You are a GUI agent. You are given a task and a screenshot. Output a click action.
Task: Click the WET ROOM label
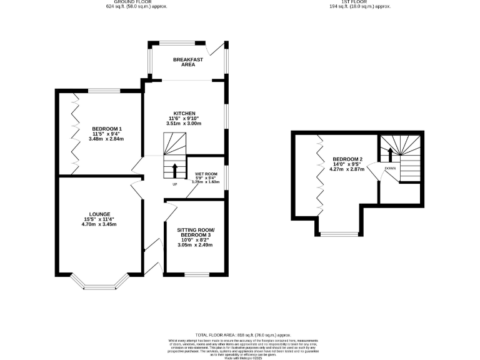tap(206, 174)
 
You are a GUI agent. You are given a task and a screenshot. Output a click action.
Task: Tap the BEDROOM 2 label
tap(346, 159)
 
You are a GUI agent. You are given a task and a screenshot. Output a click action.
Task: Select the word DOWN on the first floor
tap(390, 168)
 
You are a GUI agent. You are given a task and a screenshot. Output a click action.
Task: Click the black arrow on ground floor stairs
tap(174, 170)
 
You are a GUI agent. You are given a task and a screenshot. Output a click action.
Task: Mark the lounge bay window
tap(100, 286)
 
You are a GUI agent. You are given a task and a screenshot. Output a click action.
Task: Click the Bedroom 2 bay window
tap(339, 234)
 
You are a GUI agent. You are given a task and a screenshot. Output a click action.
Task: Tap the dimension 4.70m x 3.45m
tap(101, 224)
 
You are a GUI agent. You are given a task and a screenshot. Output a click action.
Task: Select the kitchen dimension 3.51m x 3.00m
tap(183, 124)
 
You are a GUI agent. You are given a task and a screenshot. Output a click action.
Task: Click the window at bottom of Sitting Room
tap(196, 274)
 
